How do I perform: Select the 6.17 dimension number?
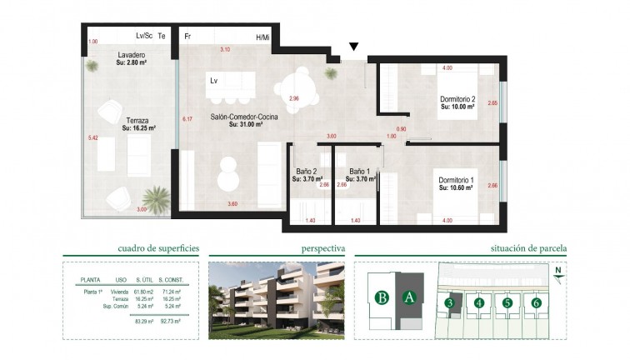pos(187,120)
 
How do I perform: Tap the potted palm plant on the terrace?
pos(155,199)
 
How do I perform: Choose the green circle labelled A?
pos(408,296)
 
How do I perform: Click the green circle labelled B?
pos(382,296)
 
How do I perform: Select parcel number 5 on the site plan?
pos(507,302)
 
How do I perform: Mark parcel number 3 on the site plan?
pos(449,302)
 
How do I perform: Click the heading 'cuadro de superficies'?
pos(158,248)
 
